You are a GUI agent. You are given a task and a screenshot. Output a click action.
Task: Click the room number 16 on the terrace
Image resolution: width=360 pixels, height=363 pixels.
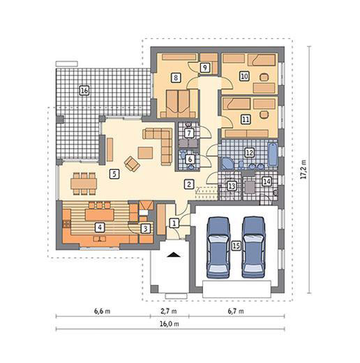pos(84,91)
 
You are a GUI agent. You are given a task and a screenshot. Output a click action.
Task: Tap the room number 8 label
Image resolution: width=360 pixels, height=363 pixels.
pos(175,77)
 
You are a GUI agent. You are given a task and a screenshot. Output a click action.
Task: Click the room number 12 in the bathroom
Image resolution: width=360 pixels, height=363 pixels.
pos(249,151)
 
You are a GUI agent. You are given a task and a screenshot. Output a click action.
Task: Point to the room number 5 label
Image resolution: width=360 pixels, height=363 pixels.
pos(113,175)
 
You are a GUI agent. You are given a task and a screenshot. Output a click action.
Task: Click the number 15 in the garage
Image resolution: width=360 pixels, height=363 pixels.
pos(237,245)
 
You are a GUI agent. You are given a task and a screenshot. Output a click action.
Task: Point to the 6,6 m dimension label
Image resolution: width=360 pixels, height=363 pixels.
pos(102,312)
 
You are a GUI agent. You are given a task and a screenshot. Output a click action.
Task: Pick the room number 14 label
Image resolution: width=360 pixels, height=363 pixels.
pos(266,182)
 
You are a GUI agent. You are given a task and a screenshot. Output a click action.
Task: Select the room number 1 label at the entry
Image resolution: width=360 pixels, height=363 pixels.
pos(175,223)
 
